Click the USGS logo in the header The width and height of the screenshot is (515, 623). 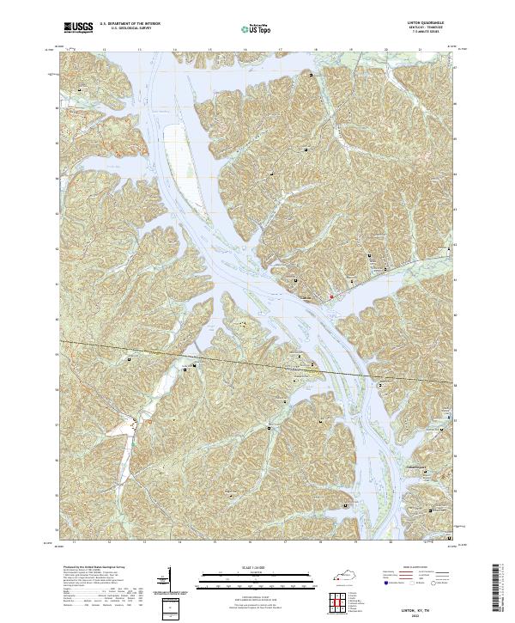(78, 28)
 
